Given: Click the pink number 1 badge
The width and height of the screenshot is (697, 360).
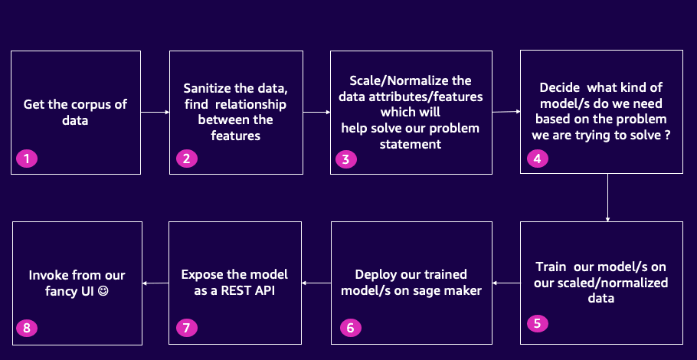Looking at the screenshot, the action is pyautogui.click(x=27, y=159).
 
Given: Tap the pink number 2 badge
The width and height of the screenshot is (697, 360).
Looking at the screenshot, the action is pyautogui.click(x=187, y=159).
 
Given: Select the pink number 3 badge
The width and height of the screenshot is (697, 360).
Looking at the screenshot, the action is pyautogui.click(x=346, y=159).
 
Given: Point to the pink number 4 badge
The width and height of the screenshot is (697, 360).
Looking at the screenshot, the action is pyautogui.click(x=538, y=159).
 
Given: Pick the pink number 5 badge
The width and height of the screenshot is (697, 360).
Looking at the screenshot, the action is pyautogui.click(x=538, y=323).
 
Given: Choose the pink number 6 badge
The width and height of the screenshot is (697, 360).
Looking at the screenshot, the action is pyautogui.click(x=351, y=328).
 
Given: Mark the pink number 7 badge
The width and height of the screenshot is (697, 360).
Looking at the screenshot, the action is pyautogui.click(x=187, y=328).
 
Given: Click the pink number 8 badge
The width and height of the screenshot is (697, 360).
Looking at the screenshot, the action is pyautogui.click(x=27, y=328).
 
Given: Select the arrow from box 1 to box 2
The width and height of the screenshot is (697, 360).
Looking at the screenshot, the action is pyautogui.click(x=155, y=113).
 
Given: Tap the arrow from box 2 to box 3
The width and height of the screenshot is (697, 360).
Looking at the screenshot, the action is pyautogui.click(x=316, y=113).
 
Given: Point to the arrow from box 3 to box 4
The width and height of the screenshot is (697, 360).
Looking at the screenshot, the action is pyautogui.click(x=506, y=112).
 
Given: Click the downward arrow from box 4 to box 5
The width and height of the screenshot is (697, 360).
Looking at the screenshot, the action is pyautogui.click(x=607, y=198).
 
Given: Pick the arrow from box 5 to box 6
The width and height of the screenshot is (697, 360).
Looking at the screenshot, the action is pyautogui.click(x=506, y=283).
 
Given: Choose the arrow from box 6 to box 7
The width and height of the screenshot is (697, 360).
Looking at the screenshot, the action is pyautogui.click(x=316, y=283).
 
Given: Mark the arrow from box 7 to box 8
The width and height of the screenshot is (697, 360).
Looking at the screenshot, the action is pyautogui.click(x=155, y=283).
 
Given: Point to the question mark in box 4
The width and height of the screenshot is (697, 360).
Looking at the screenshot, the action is pyautogui.click(x=667, y=135).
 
